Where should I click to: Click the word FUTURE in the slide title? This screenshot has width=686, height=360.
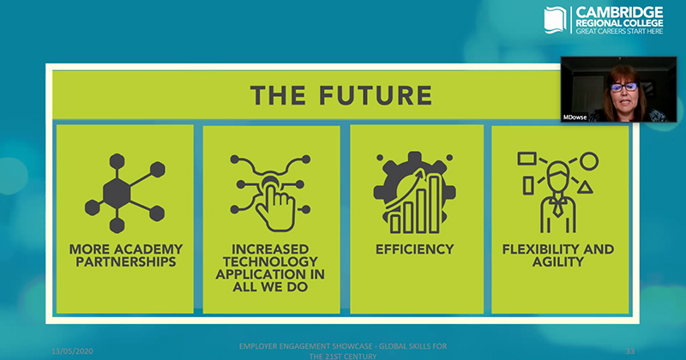(x=376, y=95)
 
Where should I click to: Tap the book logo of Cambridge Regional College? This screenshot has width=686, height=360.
(x=555, y=20)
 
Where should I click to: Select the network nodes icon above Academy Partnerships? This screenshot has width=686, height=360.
(x=125, y=193)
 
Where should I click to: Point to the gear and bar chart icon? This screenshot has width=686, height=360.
(x=414, y=193)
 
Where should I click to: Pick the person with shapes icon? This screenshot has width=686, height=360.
(x=558, y=193)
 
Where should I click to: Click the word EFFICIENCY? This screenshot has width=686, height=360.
(x=415, y=249)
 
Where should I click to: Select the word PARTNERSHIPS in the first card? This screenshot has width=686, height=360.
(x=126, y=261)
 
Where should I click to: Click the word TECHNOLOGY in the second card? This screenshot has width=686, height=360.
(x=270, y=261)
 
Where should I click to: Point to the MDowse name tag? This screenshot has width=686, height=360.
(x=575, y=117)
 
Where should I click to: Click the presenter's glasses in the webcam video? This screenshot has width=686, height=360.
(x=623, y=87)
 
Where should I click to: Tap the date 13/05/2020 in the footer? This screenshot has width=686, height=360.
(x=72, y=351)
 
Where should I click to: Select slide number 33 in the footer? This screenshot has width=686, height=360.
(x=630, y=351)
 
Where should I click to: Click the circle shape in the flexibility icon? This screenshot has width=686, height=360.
(x=589, y=161)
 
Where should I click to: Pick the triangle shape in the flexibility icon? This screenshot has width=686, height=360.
(x=585, y=189)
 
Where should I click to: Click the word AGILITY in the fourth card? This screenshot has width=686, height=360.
(x=558, y=261)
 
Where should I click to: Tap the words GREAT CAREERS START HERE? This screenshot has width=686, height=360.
(x=619, y=31)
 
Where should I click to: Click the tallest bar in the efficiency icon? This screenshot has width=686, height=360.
(x=435, y=204)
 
